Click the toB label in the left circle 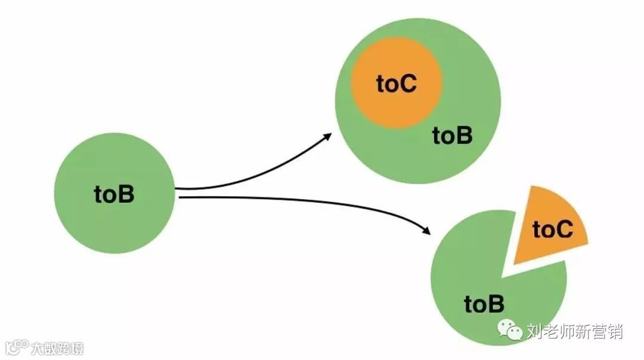pos(114,194)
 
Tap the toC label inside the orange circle pos(396,84)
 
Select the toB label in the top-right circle pos(452,136)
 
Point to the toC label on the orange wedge pos(552,229)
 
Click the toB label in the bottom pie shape pos(484,304)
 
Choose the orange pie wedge pos(549,226)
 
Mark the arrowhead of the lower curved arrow pos(426,230)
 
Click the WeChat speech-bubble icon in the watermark pos(510,330)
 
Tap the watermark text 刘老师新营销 pos(574,331)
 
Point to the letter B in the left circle pos(126,194)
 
